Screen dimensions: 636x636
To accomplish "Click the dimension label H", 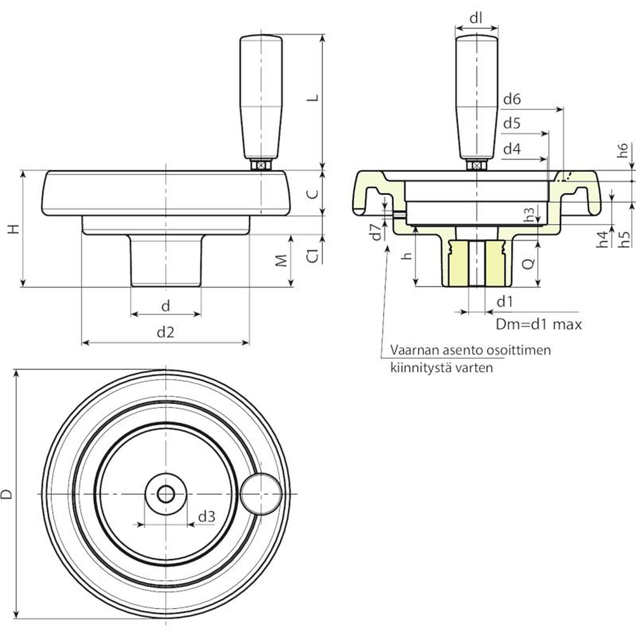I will [14, 229].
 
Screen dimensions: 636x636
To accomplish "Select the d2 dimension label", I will [165, 332].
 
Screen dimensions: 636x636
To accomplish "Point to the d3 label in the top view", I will [207, 517].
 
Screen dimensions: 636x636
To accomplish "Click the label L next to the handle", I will [314, 97].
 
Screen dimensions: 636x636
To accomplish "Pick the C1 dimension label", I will [314, 256].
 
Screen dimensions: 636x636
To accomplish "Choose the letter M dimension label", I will [281, 261].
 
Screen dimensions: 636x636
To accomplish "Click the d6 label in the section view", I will [512, 99].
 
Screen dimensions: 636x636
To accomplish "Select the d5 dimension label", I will [512, 124].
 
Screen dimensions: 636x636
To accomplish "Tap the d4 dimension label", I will [512, 149].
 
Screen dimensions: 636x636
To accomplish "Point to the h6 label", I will [623, 150].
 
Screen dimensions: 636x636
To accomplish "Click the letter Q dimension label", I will [528, 263].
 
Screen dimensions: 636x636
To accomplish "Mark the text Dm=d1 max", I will [538, 324].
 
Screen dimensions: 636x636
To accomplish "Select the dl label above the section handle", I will [476, 18].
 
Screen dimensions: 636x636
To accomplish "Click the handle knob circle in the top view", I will [261, 494].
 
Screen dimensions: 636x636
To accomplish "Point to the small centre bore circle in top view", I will [165, 494].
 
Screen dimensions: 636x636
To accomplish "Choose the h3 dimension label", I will [529, 214].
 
